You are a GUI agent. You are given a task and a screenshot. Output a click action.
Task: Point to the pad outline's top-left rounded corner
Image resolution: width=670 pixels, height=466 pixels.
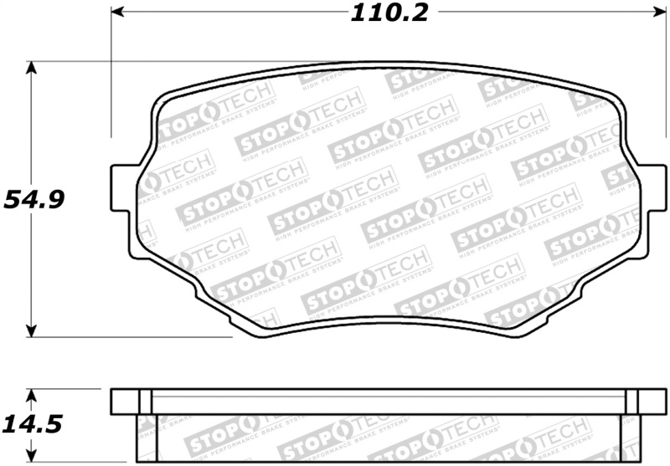[x=162, y=100]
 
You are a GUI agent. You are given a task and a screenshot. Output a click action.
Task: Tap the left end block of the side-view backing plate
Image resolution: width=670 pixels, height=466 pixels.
[x=131, y=401]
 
